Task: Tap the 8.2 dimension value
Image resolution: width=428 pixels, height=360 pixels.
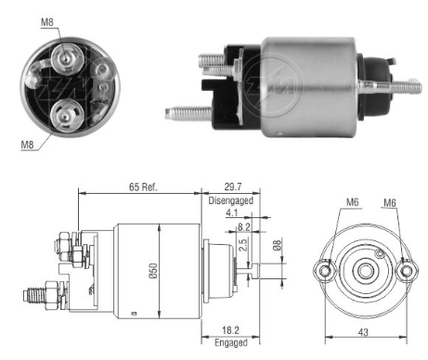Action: [x=243, y=225]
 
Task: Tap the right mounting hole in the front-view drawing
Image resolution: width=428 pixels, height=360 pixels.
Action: [x=407, y=270]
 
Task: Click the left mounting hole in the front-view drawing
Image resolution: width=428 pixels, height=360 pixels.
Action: [x=323, y=270]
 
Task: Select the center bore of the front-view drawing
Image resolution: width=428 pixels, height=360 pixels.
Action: [x=365, y=270]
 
